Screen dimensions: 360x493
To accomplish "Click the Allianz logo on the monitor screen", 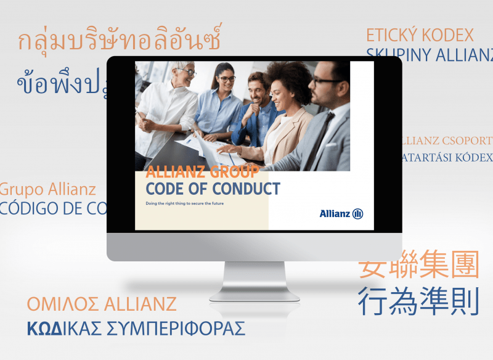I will (x=341, y=214).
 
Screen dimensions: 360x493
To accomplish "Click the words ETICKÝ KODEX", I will (x=420, y=35).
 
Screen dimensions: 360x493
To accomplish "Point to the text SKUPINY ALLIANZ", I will (x=430, y=55).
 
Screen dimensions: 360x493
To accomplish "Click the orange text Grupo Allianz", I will (x=47, y=189).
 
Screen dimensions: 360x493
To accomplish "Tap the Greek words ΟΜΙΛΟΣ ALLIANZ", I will (x=102, y=304).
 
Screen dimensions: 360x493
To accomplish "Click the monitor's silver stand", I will (x=254, y=280).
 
